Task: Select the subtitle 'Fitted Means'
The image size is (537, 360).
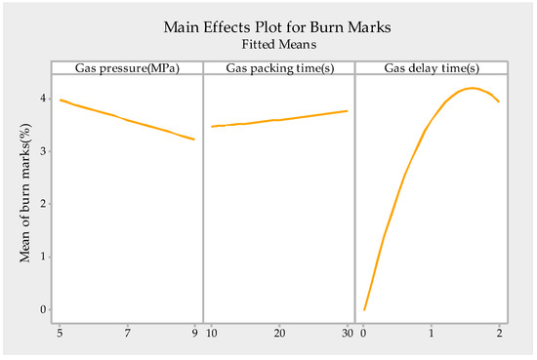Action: tap(278, 44)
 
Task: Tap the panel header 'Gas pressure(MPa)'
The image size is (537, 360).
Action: tap(128, 67)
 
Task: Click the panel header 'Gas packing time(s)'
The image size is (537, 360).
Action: tap(278, 67)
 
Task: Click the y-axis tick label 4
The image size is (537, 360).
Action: tap(42, 99)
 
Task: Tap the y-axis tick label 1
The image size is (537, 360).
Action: tap(42, 257)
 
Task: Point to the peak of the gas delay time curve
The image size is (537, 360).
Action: tap(472, 88)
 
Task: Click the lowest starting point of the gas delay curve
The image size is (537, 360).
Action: tap(364, 310)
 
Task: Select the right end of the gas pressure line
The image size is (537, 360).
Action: tap(195, 140)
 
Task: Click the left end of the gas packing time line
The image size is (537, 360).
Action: tap(212, 126)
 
